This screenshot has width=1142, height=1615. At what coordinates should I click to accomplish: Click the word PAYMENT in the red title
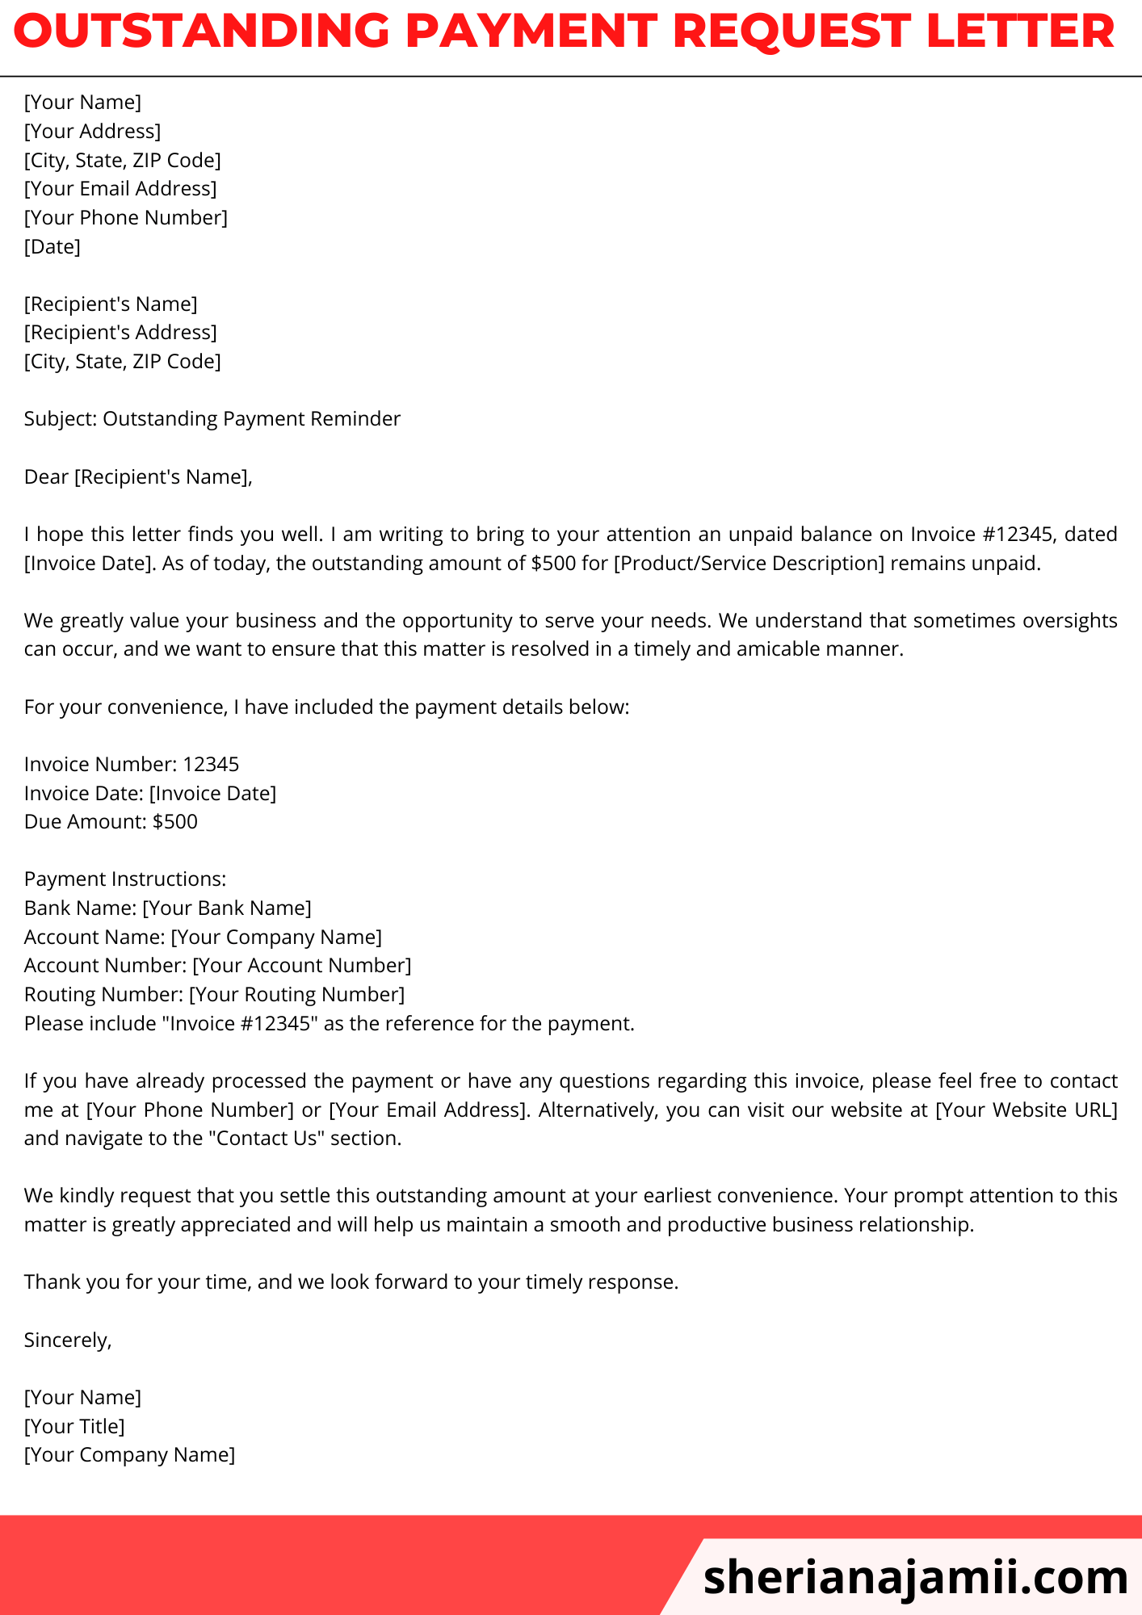532,32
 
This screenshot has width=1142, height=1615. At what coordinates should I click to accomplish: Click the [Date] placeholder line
52,246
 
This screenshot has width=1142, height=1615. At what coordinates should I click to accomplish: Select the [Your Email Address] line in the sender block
120,188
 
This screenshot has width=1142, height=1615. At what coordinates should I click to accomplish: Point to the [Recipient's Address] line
120,332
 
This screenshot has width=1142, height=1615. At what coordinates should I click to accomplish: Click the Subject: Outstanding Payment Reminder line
212,418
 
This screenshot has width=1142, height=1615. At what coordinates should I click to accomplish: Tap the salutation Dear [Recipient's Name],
138,476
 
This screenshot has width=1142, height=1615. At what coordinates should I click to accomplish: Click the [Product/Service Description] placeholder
749,563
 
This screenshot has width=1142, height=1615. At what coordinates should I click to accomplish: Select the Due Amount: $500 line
111,821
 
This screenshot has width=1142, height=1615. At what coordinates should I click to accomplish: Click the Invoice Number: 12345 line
132,764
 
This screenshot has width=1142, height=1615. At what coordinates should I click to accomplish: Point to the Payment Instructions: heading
125,879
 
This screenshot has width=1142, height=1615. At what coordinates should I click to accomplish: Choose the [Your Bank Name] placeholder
227,908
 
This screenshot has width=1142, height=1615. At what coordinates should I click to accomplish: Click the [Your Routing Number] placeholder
297,994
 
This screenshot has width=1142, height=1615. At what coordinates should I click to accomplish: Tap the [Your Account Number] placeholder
302,965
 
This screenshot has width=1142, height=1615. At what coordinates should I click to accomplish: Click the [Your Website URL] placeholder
1026,1110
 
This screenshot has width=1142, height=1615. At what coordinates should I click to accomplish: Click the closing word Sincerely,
68,1340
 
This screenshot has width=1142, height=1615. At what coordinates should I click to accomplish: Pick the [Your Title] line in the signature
74,1426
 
